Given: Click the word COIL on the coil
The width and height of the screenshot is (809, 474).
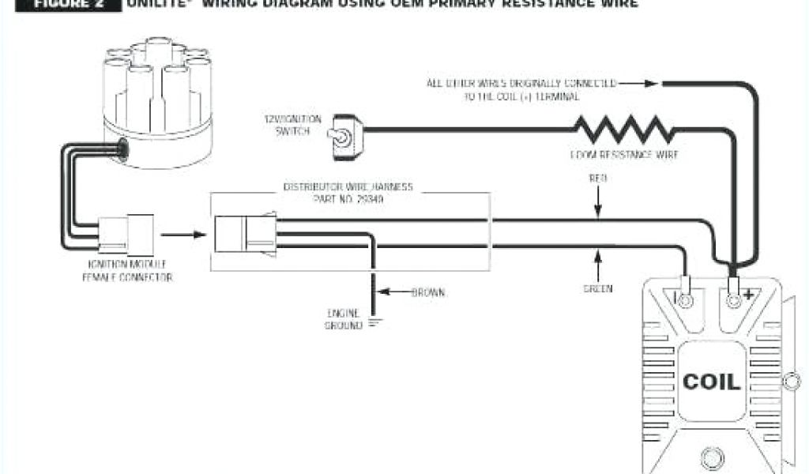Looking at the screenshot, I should [x=711, y=382].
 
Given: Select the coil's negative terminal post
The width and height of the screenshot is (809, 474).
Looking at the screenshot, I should [x=685, y=299].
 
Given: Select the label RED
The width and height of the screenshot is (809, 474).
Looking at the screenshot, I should [x=598, y=179].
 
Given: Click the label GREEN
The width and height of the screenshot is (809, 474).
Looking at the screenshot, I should [x=598, y=289].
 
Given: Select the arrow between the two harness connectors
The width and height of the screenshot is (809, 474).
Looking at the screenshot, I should [x=179, y=235].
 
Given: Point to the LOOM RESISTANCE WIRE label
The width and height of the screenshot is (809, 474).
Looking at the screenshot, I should [x=624, y=155].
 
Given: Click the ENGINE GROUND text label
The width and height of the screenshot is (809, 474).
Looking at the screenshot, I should [x=343, y=318].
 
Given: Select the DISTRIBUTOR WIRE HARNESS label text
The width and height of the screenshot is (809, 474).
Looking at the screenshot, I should [x=348, y=193].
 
